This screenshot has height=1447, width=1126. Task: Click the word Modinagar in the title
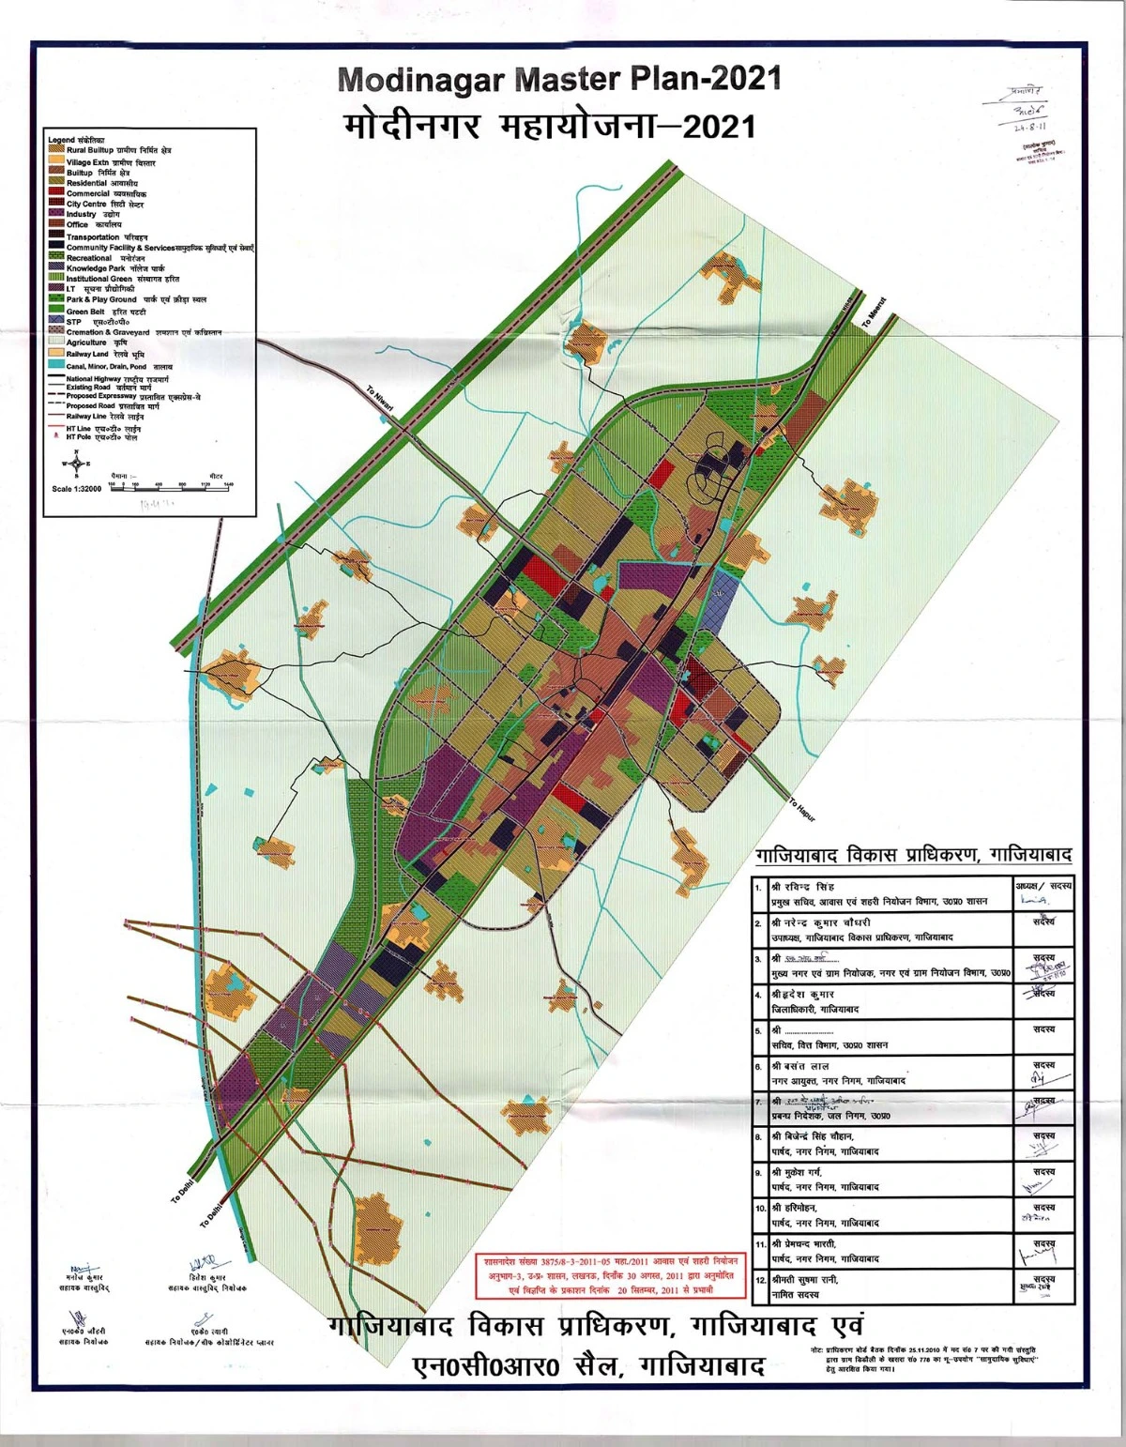421,80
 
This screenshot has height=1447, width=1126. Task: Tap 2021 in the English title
745,78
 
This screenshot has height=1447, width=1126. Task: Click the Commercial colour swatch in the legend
56,193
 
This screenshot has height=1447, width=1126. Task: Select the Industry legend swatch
56,214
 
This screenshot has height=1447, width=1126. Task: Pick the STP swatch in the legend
56,321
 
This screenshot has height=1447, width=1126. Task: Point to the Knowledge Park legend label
96,268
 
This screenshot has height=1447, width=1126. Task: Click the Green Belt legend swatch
56,311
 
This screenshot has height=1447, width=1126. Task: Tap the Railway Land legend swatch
56,354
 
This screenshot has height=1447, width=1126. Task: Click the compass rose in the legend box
78,463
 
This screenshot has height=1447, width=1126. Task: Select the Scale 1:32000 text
77,489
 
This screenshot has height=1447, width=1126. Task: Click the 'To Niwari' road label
380,399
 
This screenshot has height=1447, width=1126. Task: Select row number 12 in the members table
761,1280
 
